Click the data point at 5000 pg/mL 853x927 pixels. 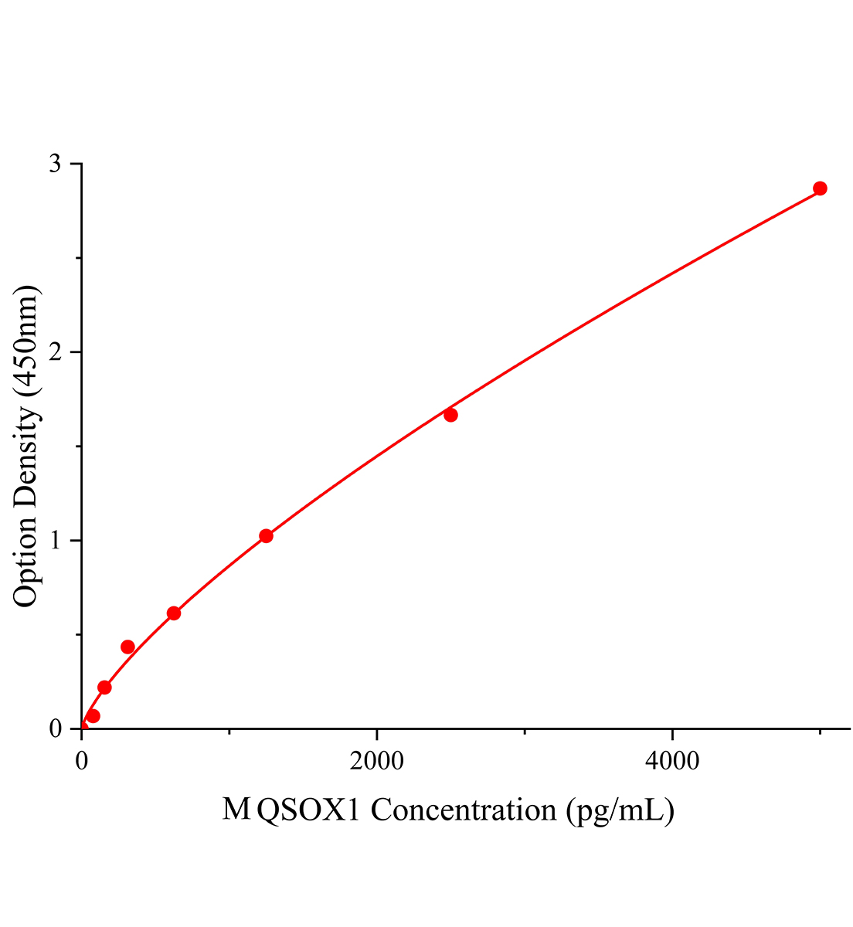[x=820, y=188]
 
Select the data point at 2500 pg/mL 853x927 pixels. [x=450, y=415]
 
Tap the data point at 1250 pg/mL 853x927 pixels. [x=266, y=536]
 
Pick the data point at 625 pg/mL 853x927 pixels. [x=174, y=613]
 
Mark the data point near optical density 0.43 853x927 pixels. [x=127, y=647]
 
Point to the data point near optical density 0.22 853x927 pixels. [x=104, y=688]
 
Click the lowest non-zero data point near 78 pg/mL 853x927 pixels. [x=93, y=716]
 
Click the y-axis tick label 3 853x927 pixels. [x=56, y=164]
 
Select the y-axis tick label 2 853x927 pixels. [x=56, y=352]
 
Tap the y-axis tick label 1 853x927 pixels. [x=56, y=540]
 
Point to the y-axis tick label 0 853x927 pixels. [x=56, y=728]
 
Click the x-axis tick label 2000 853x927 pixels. [x=376, y=761]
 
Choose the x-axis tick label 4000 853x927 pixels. [x=672, y=761]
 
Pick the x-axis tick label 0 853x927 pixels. [x=82, y=761]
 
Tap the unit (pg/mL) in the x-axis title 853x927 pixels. [x=620, y=810]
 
